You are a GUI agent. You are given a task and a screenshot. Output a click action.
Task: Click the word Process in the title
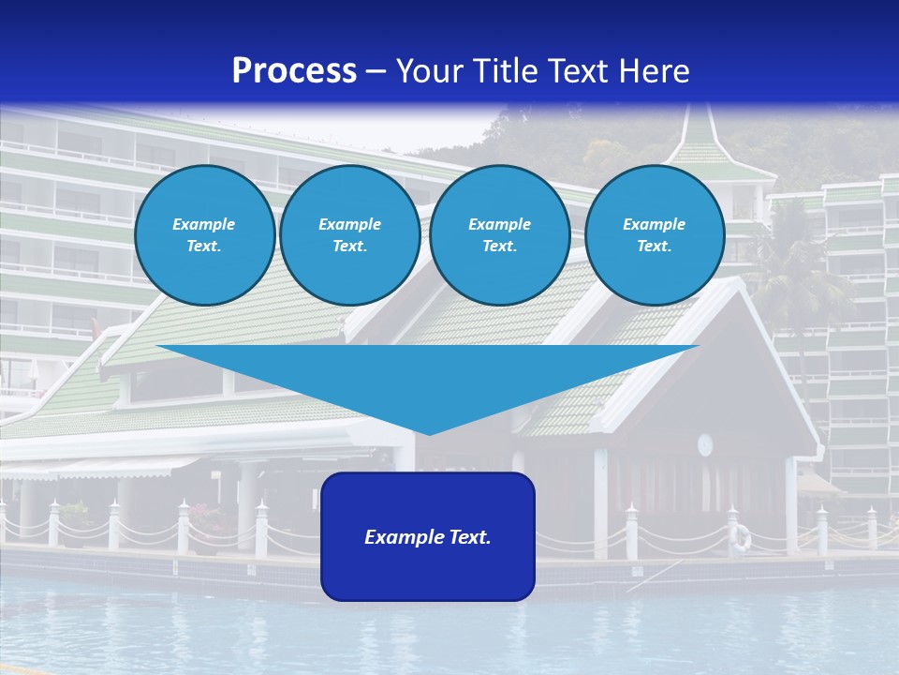click(294, 71)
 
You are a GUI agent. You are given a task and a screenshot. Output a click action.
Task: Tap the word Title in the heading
click(509, 71)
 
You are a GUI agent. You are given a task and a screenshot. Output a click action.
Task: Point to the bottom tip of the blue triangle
click(429, 432)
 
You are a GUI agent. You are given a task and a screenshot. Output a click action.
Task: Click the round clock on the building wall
click(704, 443)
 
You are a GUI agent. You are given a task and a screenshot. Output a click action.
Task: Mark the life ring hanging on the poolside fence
click(741, 537)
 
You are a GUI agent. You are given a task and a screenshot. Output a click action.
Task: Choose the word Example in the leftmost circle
click(203, 224)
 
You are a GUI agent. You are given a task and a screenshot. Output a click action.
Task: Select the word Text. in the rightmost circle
click(654, 246)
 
